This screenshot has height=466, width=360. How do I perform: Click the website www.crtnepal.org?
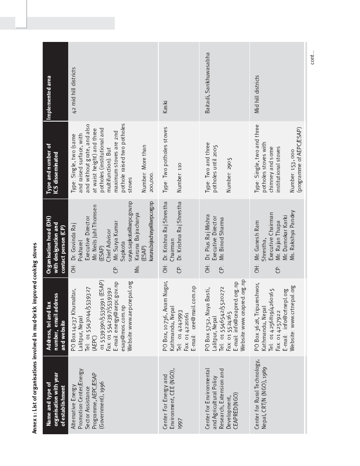(292, 312)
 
